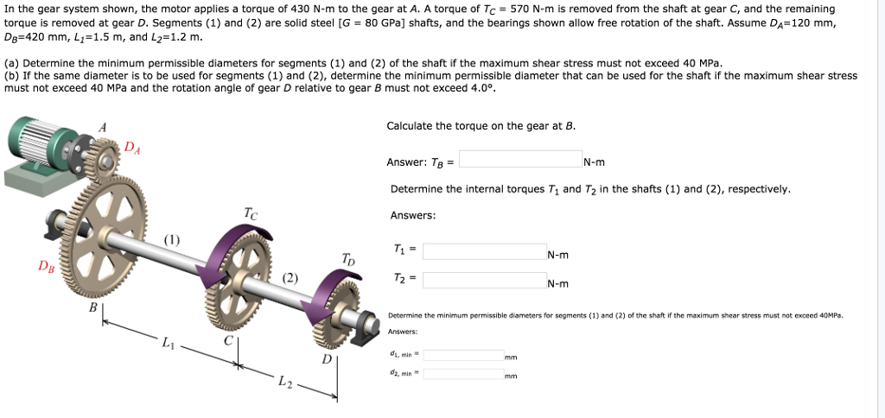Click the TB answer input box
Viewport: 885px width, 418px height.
pyautogui.click(x=520, y=159)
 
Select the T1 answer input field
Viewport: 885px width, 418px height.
pyautogui.click(x=484, y=251)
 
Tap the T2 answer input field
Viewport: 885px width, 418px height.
pyautogui.click(x=484, y=280)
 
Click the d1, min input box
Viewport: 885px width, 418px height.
pyautogui.click(x=462, y=355)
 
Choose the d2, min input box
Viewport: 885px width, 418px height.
pyautogui.click(x=462, y=374)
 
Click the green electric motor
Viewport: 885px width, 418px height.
pyautogui.click(x=43, y=147)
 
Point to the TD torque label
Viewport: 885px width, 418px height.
pyautogui.click(x=347, y=258)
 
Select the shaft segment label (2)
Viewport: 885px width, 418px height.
pyautogui.click(x=290, y=278)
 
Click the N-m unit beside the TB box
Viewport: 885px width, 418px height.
pyautogui.click(x=595, y=161)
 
